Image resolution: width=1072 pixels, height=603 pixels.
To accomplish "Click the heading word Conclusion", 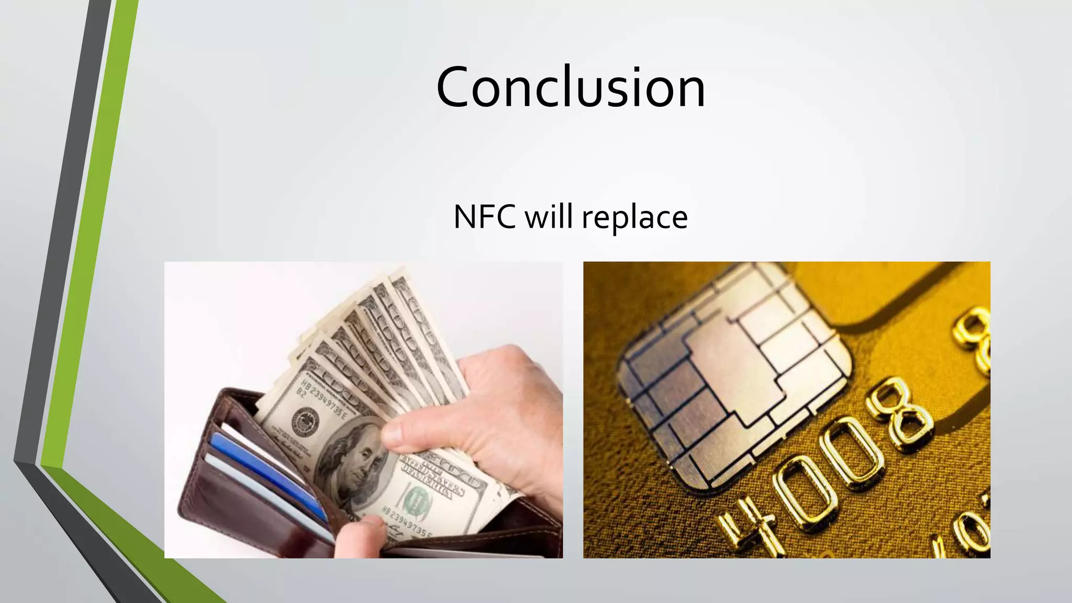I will pos(571,87).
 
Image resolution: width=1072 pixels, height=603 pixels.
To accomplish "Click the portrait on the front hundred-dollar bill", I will pos(356,461).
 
